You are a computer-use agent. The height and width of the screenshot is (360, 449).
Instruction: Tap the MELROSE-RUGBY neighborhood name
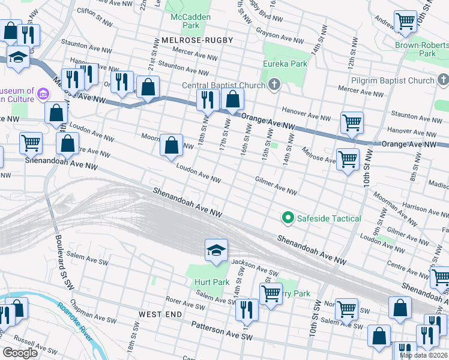click(x=196, y=40)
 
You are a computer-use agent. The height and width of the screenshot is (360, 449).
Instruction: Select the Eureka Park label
click(x=285, y=64)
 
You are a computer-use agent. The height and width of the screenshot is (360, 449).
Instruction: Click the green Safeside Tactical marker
click(x=288, y=218)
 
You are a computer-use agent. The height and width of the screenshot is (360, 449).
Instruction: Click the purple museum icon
click(x=42, y=94)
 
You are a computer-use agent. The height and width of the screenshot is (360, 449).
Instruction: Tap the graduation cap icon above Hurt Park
click(x=216, y=250)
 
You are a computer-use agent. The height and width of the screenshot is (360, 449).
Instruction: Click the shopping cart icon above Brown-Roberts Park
click(x=405, y=22)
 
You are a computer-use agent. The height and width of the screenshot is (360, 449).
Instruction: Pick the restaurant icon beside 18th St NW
click(x=207, y=100)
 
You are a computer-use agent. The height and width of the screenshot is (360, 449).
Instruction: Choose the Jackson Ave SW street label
click(x=255, y=268)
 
